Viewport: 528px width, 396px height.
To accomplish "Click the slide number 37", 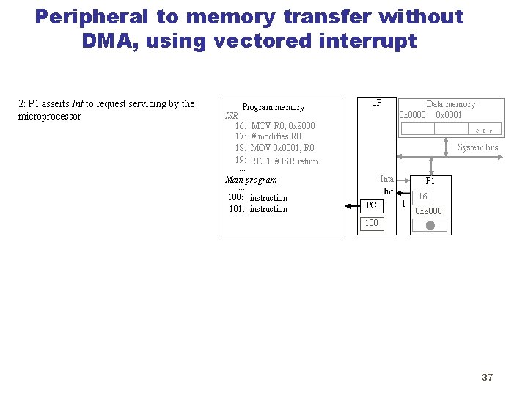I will coord(487,378).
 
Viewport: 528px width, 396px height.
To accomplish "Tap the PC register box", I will coord(372,205).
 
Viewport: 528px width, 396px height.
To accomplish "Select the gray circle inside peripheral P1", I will coord(430,226).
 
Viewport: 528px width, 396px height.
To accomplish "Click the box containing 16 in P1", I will coord(423,197).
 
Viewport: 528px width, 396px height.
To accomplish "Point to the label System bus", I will coord(477,147).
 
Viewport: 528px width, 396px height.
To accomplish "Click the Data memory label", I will coord(450,104).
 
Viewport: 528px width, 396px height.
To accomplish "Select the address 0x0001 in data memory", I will coord(449,115).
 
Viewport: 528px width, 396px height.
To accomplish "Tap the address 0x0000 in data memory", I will coord(412,115).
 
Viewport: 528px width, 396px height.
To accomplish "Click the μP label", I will coord(377,102).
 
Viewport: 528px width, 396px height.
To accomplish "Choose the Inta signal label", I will coord(386,179).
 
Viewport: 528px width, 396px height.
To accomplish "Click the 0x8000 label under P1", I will coord(428,211).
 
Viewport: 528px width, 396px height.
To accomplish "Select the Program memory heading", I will coord(273,107).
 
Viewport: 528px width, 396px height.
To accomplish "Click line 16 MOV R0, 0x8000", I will coord(282,126).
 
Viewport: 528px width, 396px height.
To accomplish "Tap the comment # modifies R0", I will coord(276,136).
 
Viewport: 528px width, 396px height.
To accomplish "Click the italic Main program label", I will coord(251,180).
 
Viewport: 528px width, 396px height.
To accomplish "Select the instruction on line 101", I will coord(268,210).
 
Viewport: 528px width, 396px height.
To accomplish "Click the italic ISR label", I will coord(231,116).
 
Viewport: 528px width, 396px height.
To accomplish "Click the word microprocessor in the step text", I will coord(50,117).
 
